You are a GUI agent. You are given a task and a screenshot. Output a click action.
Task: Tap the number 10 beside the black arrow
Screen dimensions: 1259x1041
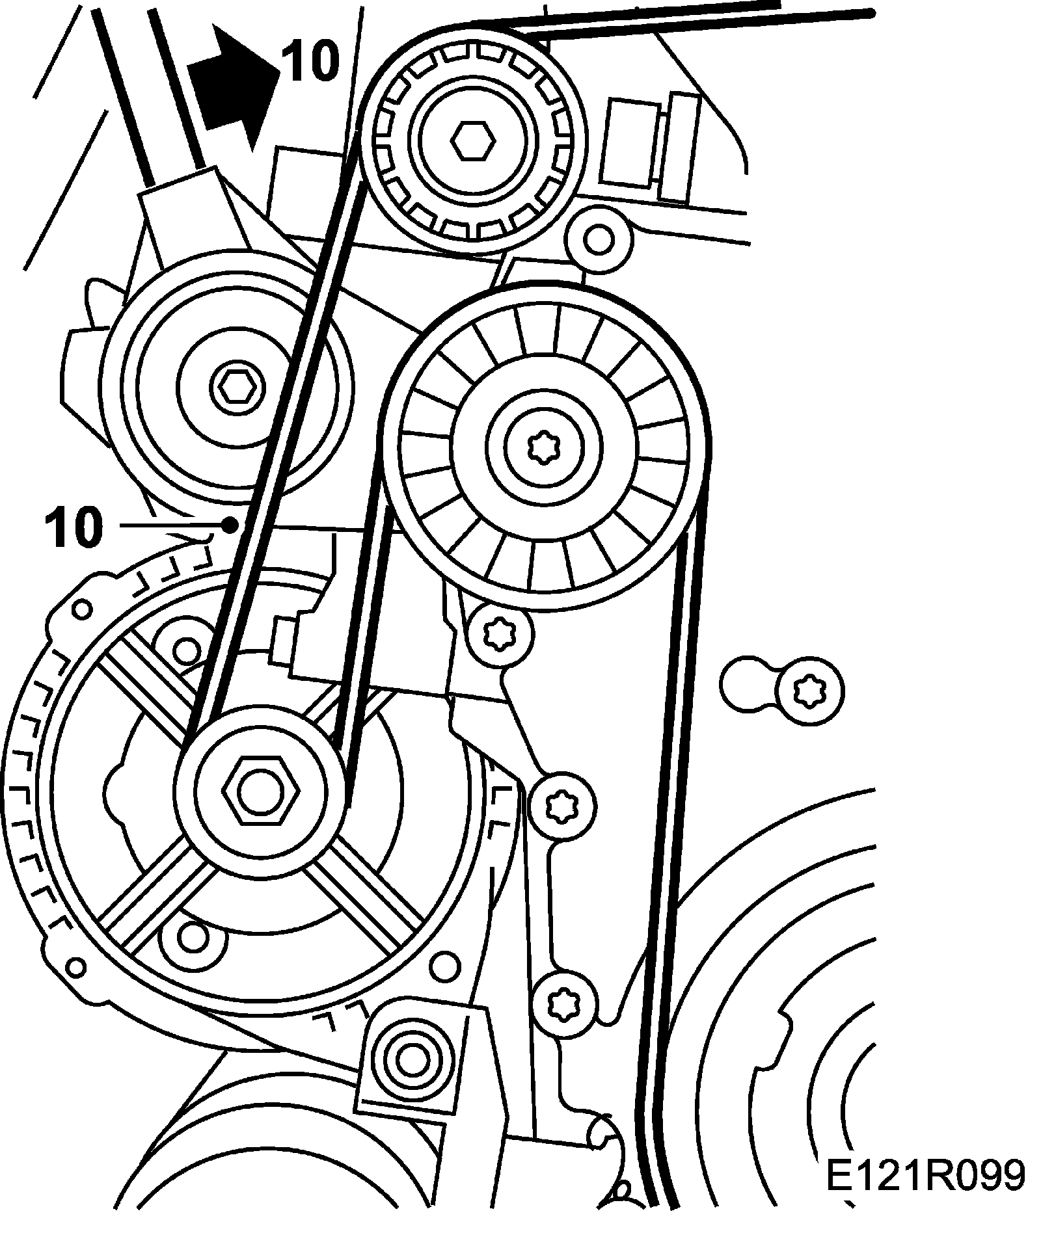click(310, 62)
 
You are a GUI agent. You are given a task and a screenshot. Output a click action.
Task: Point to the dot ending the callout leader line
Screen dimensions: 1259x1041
click(229, 525)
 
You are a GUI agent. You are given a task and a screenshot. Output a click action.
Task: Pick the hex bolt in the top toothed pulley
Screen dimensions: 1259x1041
click(473, 139)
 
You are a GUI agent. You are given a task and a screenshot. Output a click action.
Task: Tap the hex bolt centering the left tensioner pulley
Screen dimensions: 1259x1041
click(232, 387)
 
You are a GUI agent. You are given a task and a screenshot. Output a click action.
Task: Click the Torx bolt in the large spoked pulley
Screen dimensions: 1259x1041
click(543, 445)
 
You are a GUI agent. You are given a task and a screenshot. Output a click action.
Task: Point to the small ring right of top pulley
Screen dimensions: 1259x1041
click(597, 238)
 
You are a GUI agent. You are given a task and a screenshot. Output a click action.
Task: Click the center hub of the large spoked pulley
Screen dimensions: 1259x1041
click(543, 445)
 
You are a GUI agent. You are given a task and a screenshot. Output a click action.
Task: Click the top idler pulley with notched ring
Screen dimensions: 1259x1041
click(473, 139)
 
